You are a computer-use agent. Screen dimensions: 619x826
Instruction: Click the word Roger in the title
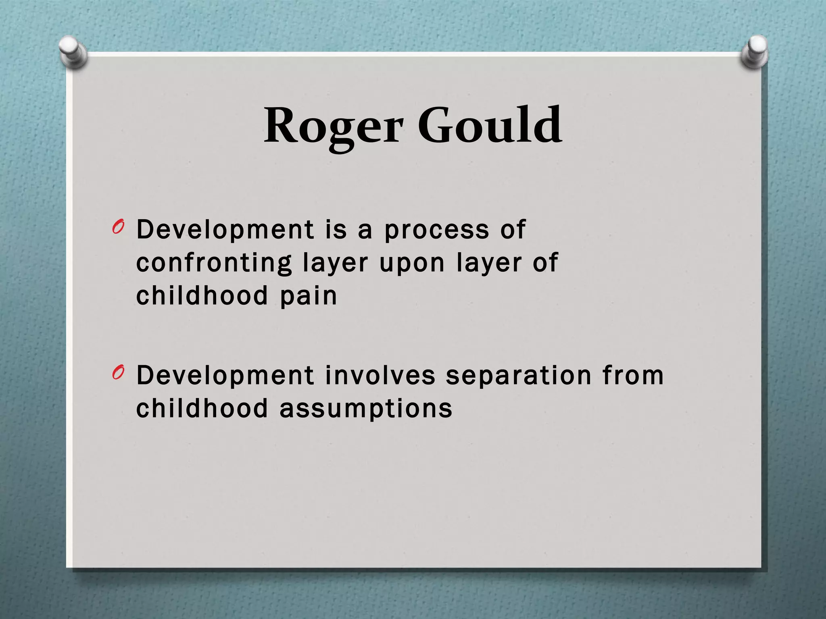pos(333,126)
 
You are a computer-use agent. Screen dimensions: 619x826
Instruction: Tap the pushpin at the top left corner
pos(73,51)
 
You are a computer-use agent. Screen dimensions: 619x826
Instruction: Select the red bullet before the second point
pos(118,373)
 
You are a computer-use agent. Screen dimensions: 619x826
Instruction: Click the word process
pos(436,231)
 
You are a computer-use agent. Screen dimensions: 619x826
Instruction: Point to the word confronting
pos(214,264)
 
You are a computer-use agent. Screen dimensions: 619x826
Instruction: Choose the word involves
pos(380,375)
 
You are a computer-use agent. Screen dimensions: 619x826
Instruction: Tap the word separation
pos(518,376)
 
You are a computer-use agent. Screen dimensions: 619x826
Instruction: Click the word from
pos(633,375)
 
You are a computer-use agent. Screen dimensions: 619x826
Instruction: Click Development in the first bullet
pos(225,230)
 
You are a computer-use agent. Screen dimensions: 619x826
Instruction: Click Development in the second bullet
pos(225,375)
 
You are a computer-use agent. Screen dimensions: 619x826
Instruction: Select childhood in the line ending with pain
pos(202,295)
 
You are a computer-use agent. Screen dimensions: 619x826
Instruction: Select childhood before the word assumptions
pos(202,408)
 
